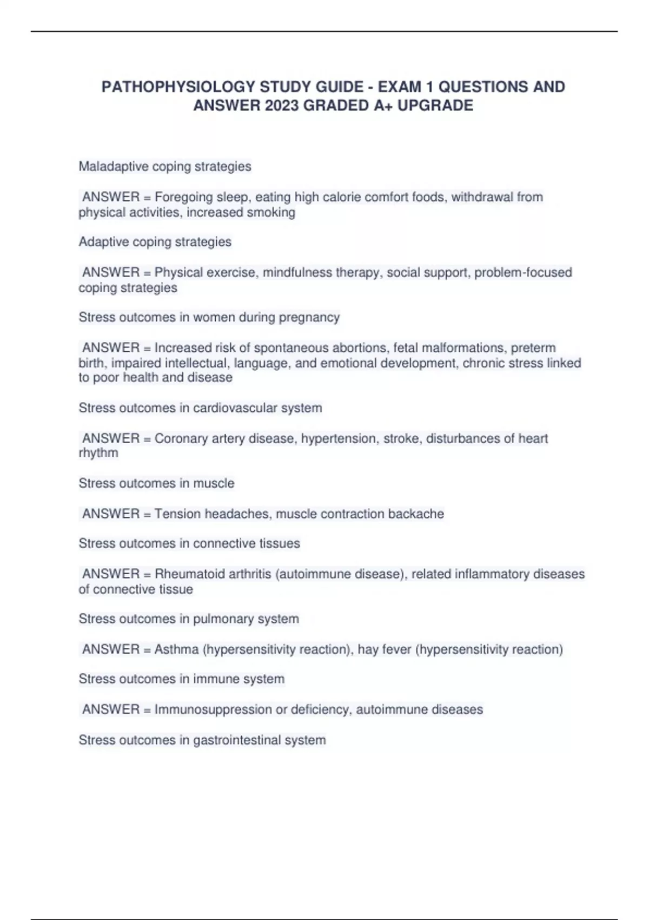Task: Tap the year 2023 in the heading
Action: [x=282, y=106]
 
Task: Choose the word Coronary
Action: [x=181, y=438]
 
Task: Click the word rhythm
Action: [x=98, y=453]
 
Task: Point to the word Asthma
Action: [x=176, y=649]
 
